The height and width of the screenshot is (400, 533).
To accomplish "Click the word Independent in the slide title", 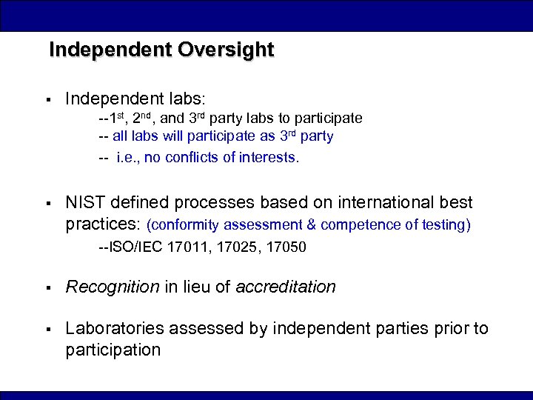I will [x=110, y=50].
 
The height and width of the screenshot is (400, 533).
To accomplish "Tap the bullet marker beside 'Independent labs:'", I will [x=46, y=99].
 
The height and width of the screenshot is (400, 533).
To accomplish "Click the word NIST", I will [x=86, y=202].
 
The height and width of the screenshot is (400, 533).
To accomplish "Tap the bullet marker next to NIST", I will [x=46, y=203].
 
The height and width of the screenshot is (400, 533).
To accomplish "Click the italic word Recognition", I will [x=113, y=287].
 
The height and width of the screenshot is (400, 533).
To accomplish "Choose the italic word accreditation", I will [x=286, y=287].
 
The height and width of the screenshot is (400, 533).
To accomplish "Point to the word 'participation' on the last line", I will [x=113, y=350].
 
